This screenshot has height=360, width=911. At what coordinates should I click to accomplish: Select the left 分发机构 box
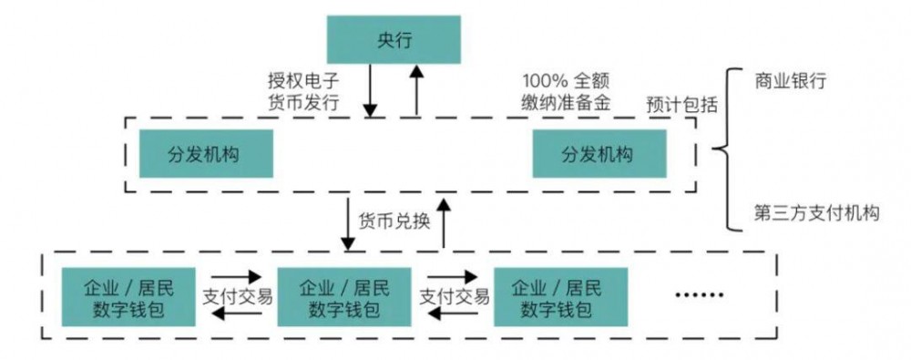pyautogui.click(x=206, y=153)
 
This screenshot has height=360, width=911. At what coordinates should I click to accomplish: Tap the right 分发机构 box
pyautogui.click(x=599, y=153)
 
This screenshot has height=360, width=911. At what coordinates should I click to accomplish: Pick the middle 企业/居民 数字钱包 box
pyautogui.click(x=344, y=298)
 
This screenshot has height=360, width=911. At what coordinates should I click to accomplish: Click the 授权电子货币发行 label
pyautogui.click(x=303, y=91)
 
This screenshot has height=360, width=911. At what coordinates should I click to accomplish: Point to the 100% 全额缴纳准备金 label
pyautogui.click(x=566, y=91)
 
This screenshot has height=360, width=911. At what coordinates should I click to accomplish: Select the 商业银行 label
pyautogui.click(x=790, y=80)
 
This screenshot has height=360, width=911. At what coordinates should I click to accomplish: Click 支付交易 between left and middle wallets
pyautogui.click(x=236, y=296)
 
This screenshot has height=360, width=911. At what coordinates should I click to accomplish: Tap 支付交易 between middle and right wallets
pyautogui.click(x=453, y=296)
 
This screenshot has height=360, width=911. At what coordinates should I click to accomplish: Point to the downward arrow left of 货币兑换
pyautogui.click(x=348, y=221)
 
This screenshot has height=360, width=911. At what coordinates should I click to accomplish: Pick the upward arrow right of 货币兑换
pyautogui.click(x=443, y=221)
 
